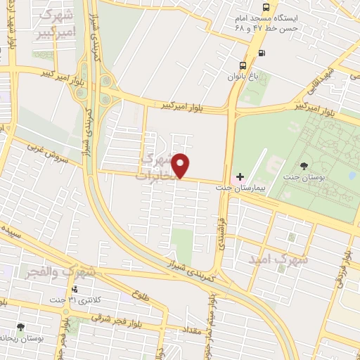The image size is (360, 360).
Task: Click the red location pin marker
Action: [x=181, y=165]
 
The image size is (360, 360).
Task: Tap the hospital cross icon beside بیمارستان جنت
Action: [x=240, y=176]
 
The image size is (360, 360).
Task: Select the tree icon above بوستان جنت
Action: [x=304, y=166]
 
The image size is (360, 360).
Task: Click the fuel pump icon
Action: [x=262, y=52]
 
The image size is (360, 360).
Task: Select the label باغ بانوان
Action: [x=243, y=74]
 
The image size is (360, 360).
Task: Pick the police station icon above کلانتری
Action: [x=73, y=289]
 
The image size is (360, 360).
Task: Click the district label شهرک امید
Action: [x=278, y=259]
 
